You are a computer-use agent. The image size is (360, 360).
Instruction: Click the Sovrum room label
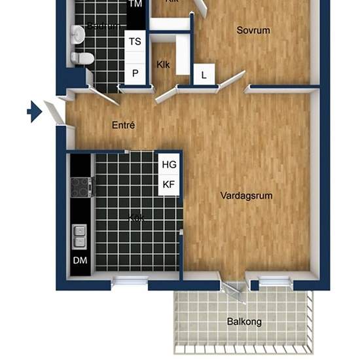click(253, 30)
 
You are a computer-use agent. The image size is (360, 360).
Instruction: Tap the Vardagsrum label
click(246, 196)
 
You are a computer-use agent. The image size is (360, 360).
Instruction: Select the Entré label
click(123, 125)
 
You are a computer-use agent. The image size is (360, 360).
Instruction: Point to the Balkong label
click(244, 321)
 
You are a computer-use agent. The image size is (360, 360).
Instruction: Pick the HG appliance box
click(169, 164)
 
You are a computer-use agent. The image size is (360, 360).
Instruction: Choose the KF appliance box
click(169, 185)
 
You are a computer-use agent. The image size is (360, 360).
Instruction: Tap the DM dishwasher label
click(80, 261)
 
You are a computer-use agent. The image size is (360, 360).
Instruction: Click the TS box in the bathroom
click(135, 41)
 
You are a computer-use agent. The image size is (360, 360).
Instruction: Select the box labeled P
click(135, 73)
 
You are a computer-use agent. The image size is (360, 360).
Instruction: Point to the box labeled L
click(204, 75)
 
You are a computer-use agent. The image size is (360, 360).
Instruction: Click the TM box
click(135, 5)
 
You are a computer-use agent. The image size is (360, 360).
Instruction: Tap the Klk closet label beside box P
click(163, 65)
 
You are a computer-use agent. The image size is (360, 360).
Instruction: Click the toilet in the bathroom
click(83, 58)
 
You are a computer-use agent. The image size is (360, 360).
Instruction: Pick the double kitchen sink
click(79, 236)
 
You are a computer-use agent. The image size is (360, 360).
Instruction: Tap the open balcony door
click(233, 293)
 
